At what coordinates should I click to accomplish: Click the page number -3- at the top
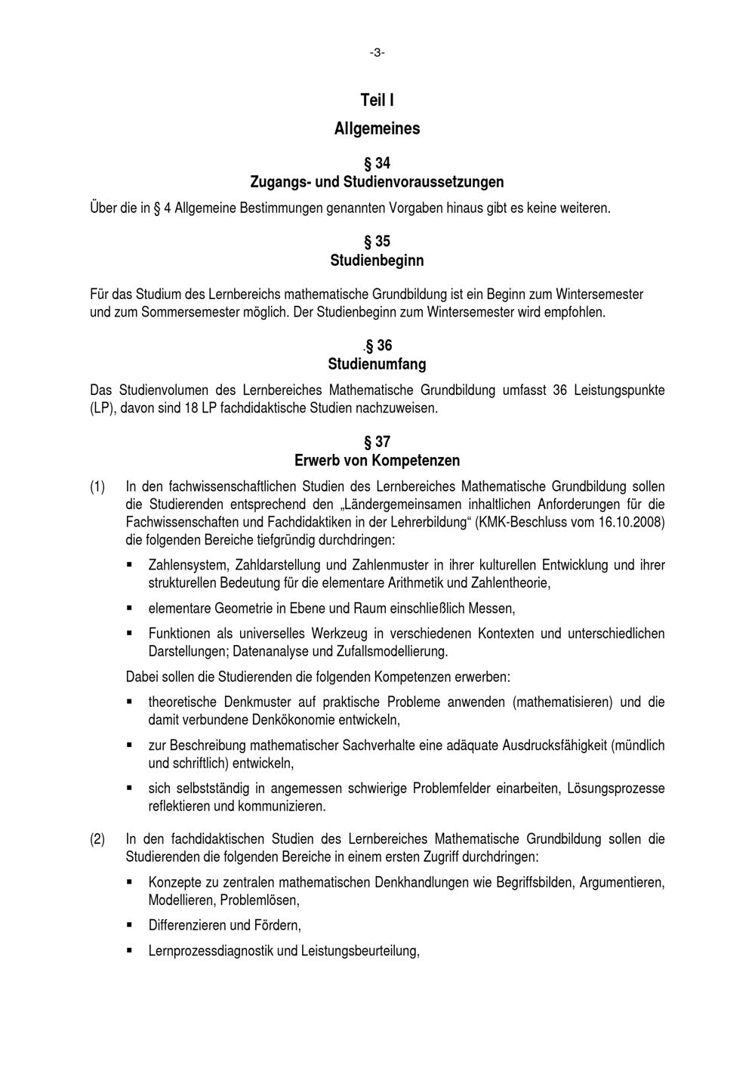[377, 52]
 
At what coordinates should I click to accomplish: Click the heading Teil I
[377, 100]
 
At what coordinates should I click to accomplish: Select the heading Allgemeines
[377, 129]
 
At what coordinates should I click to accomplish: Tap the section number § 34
[377, 163]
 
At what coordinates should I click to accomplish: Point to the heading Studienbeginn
[377, 261]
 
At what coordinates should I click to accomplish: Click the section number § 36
[378, 346]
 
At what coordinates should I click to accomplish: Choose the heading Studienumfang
[377, 364]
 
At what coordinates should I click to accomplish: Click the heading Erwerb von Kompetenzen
[377, 461]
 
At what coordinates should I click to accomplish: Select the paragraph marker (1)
[97, 487]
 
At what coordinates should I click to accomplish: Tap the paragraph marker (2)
[97, 839]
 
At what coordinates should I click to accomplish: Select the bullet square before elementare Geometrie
[130, 607]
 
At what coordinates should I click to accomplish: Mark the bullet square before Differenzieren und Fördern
[130, 924]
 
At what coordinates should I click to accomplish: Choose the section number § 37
[377, 442]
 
